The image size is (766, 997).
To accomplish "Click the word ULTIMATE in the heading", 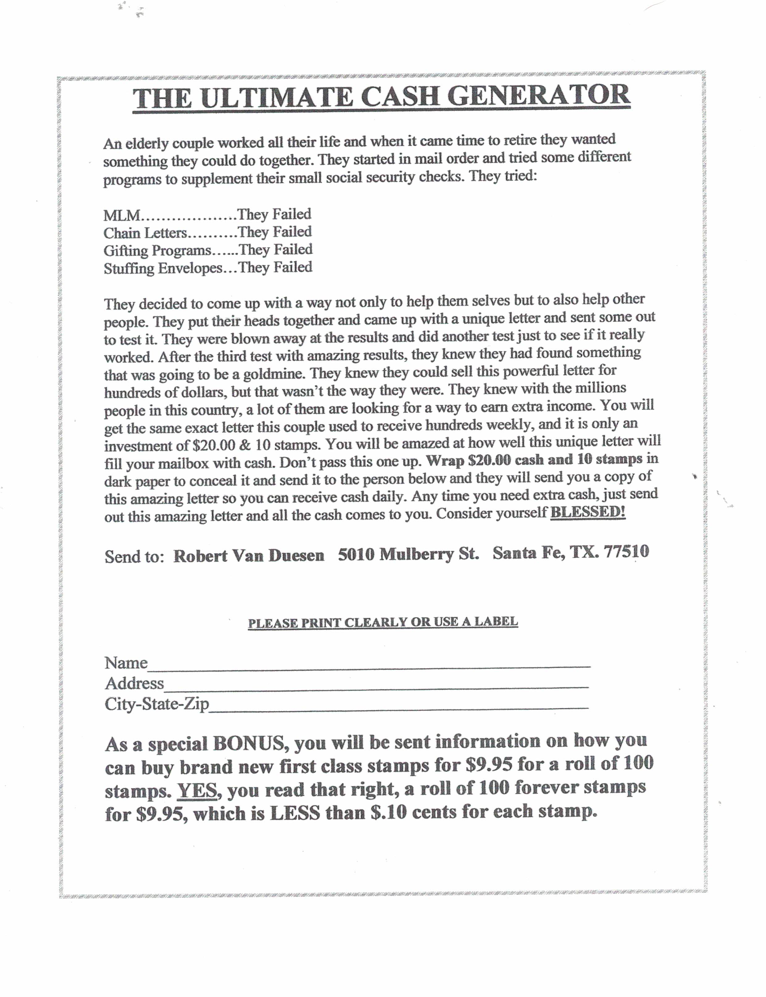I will tap(276, 98).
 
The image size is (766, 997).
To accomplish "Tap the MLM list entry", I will tap(122, 215).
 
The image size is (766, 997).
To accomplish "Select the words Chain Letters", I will tap(145, 233).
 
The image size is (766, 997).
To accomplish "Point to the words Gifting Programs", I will tap(157, 251).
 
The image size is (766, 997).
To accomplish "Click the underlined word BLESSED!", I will tap(588, 512).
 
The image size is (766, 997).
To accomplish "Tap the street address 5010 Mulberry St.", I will tap(408, 554).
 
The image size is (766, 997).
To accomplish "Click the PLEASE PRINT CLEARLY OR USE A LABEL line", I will tap(383, 622).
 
